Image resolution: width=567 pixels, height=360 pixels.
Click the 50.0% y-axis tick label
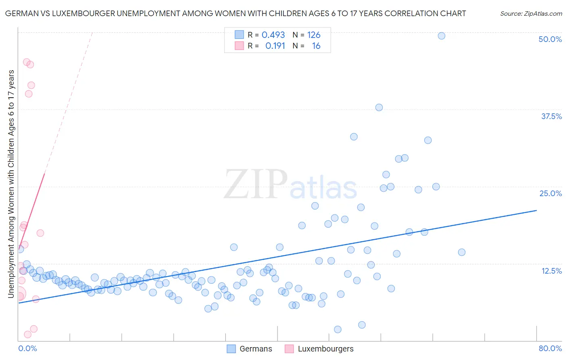(550, 39)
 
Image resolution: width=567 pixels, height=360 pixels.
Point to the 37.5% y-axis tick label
(551, 116)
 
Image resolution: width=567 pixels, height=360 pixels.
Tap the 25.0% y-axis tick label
(550, 193)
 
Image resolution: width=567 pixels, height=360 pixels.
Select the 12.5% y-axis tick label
(551, 271)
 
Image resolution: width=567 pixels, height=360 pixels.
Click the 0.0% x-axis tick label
(27, 348)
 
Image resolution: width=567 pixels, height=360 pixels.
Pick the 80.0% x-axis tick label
(550, 348)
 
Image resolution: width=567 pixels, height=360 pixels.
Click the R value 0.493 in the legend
(273, 35)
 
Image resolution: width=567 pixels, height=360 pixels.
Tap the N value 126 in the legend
(314, 35)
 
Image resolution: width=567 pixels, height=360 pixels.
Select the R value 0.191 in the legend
(275, 46)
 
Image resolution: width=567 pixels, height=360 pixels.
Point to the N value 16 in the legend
(316, 46)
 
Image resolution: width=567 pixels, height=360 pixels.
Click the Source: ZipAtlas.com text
(531, 14)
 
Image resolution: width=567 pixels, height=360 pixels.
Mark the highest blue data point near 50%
(442, 36)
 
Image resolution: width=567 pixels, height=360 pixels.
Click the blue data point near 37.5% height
(379, 107)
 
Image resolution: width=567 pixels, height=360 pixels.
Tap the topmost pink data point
(27, 62)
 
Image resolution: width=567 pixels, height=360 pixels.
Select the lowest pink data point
(28, 334)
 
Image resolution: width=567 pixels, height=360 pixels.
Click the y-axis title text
(11, 184)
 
